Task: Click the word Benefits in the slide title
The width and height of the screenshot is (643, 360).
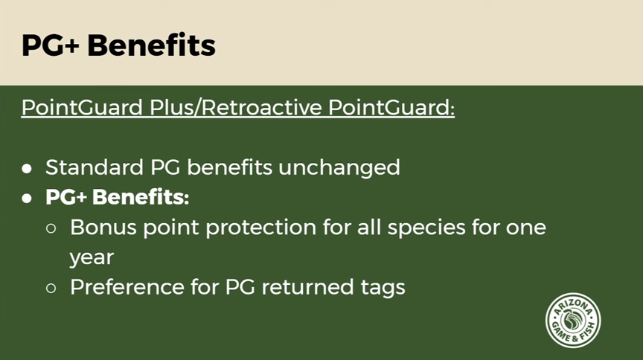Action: pyautogui.click(x=151, y=45)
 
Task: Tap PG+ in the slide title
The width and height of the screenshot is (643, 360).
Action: pyautogui.click(x=50, y=45)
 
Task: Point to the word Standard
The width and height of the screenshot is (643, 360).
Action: pyautogui.click(x=95, y=167)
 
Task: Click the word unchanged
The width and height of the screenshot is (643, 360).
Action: pyautogui.click(x=339, y=168)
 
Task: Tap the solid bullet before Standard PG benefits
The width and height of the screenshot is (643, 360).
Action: pyautogui.click(x=27, y=169)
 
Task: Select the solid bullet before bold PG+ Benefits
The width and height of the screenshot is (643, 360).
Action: pyautogui.click(x=27, y=199)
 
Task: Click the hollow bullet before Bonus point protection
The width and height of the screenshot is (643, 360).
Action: pyautogui.click(x=51, y=228)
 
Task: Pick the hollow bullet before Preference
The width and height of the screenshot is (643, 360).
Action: pyautogui.click(x=51, y=289)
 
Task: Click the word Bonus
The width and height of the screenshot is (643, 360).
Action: pyautogui.click(x=103, y=227)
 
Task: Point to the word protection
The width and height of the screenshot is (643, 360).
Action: pyautogui.click(x=260, y=228)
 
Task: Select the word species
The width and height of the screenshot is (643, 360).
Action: pyautogui.click(x=426, y=228)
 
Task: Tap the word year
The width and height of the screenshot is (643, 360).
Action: pyautogui.click(x=92, y=258)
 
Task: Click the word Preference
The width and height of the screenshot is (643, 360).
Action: pyautogui.click(x=127, y=286)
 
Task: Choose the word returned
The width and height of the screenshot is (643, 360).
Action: pyautogui.click(x=307, y=286)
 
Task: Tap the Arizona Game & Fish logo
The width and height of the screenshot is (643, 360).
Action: pyautogui.click(x=573, y=321)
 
